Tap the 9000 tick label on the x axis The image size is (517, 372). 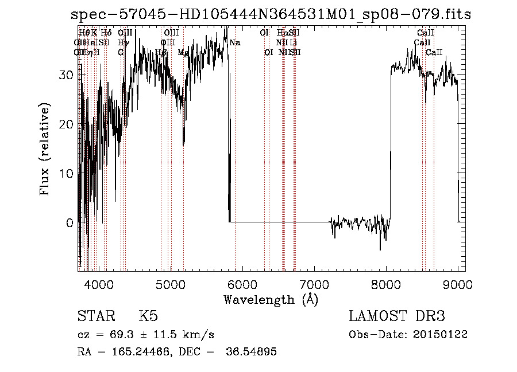[x=458, y=284]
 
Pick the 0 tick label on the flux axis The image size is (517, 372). [x=71, y=222]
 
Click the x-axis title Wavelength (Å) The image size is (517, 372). [x=271, y=299]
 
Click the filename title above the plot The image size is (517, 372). [x=271, y=15]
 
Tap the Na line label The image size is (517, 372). [x=235, y=43]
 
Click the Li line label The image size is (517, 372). [x=294, y=42]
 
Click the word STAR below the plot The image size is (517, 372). [x=95, y=316]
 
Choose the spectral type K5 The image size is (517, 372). [x=148, y=316]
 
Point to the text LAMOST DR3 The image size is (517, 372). [x=397, y=316]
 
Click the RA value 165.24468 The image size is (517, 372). [x=133, y=352]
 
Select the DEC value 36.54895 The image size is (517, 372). [x=253, y=352]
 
